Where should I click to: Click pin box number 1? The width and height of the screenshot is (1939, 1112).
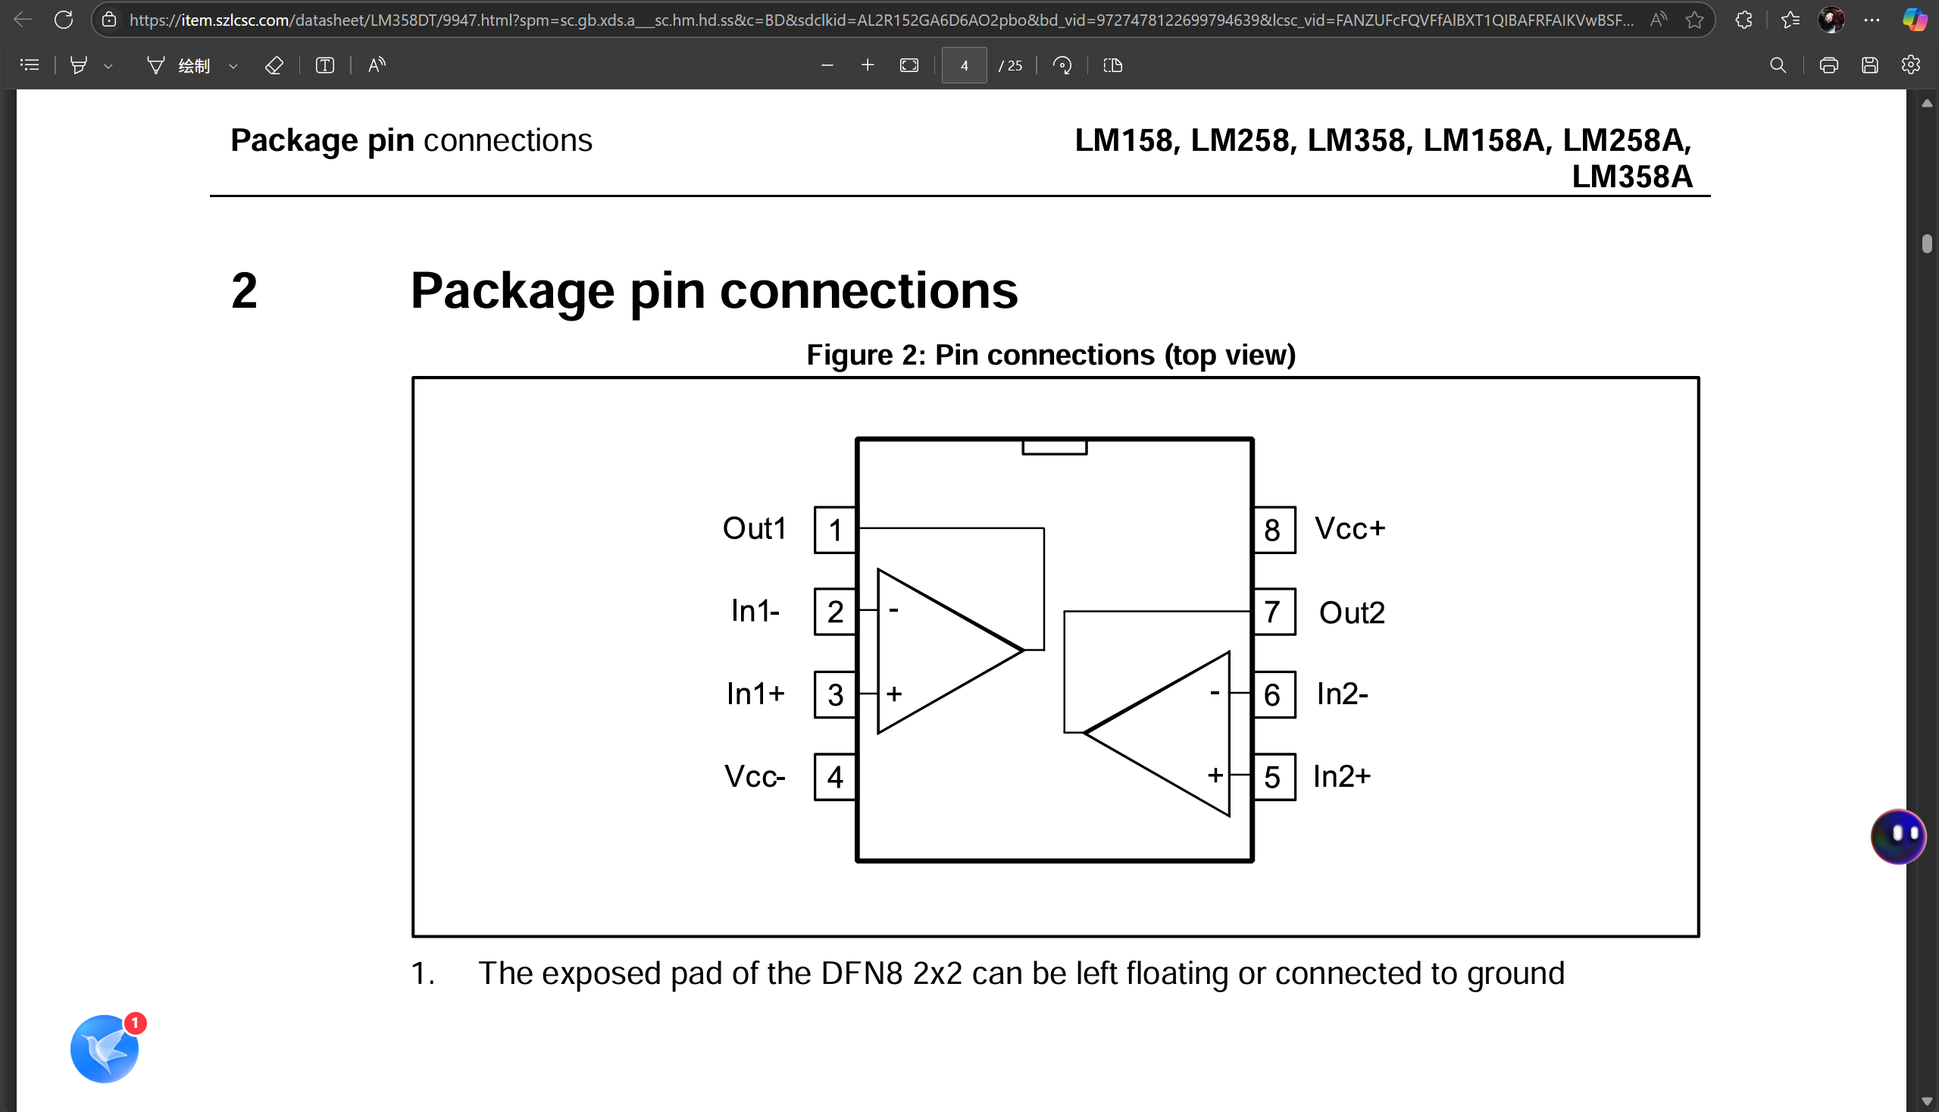[x=834, y=530]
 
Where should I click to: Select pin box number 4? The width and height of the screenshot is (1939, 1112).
[x=834, y=778]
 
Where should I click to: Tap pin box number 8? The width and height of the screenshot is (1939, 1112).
[x=1272, y=530]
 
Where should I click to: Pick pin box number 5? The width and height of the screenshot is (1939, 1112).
[x=1272, y=778]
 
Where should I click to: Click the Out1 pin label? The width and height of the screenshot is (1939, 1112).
[x=754, y=528]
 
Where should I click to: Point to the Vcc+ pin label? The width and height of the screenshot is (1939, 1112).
[x=1349, y=528]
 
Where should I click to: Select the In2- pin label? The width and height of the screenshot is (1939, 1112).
[x=1342, y=694]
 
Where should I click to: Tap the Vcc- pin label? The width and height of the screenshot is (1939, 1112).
[x=754, y=776]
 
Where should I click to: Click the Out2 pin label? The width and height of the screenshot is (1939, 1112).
[x=1351, y=612]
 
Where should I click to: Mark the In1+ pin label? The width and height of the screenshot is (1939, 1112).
[x=755, y=694]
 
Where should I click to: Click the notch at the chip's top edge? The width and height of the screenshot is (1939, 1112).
[x=1054, y=446]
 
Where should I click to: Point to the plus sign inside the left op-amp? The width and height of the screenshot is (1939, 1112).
[x=894, y=694]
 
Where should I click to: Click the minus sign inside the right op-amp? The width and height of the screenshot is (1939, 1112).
[x=1214, y=693]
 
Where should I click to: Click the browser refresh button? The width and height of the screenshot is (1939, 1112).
[x=64, y=20]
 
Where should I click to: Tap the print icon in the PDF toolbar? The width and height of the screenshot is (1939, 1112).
[x=1828, y=66]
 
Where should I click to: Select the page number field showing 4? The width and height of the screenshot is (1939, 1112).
[x=963, y=66]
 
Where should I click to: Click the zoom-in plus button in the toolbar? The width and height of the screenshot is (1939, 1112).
[x=867, y=66]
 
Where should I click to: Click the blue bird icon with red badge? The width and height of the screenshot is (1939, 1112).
[x=105, y=1048]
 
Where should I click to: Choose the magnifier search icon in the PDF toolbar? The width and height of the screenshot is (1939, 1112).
[x=1778, y=66]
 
